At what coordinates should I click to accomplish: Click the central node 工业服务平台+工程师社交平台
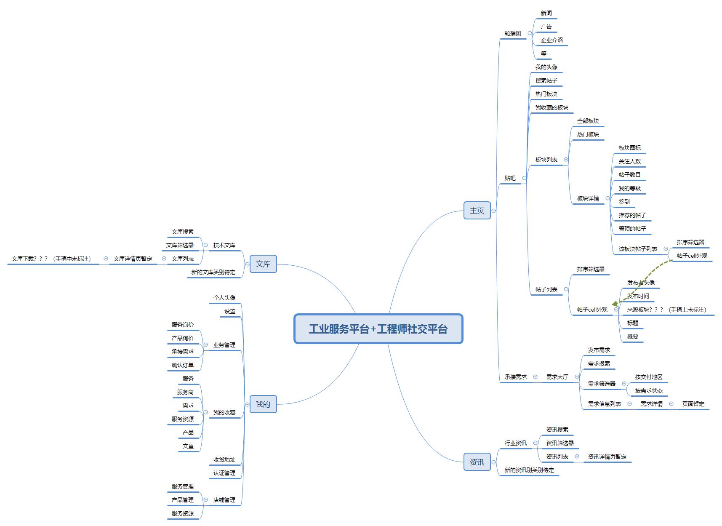point(378,329)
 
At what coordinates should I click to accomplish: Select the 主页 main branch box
point(477,211)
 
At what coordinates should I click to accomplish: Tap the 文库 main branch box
point(263,264)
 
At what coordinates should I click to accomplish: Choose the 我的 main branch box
point(263,404)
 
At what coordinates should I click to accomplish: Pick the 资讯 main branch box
point(477,462)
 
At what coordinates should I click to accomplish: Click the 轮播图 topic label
point(513,33)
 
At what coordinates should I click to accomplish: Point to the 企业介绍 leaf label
point(551,40)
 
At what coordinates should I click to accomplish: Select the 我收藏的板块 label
point(551,107)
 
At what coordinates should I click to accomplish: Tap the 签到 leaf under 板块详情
point(624,202)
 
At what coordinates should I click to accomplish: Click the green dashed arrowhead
point(615,304)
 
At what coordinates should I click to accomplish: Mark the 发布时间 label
point(638,296)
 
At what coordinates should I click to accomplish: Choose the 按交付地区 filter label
point(648,377)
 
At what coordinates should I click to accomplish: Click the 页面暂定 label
point(693,404)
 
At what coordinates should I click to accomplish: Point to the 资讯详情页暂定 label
point(607,457)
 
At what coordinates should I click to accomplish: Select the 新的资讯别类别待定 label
point(529,470)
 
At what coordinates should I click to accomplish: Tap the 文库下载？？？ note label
point(51,259)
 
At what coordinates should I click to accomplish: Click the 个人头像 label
point(224,298)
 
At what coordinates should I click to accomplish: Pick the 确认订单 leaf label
point(183,365)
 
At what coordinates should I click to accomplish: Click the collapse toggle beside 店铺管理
point(205,500)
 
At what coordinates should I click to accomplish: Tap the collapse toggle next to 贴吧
point(524,178)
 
